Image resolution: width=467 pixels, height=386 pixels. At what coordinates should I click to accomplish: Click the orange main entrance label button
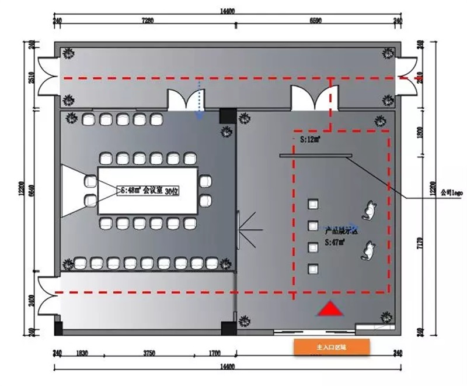[x=332, y=347]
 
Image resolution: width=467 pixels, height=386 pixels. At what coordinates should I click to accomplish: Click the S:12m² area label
[x=308, y=139]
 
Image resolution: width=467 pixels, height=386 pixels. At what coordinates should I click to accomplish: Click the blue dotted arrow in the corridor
[x=199, y=99]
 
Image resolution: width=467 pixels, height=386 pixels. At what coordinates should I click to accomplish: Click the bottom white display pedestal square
[x=313, y=268]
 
